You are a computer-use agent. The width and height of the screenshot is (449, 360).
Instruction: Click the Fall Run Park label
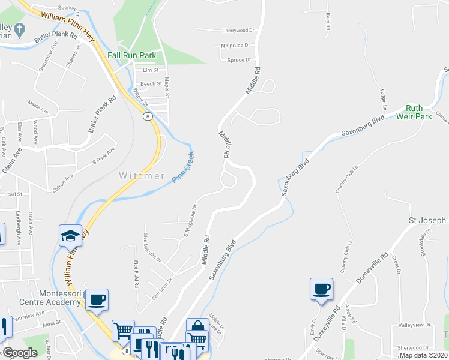pos(131,55)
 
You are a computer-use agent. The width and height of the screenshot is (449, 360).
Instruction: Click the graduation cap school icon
pos(70,235)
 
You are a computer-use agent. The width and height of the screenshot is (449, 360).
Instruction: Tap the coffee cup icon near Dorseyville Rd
pos(321,289)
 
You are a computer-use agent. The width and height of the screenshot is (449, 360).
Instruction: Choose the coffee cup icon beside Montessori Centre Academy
pos(97,299)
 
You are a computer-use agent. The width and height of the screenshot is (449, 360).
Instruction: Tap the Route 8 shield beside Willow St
pos(146,116)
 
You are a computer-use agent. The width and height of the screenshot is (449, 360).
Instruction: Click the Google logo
pos(20,353)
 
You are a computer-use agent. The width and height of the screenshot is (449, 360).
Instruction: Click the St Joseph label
pos(427,220)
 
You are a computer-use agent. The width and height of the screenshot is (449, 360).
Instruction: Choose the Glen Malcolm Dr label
pos(151,247)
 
